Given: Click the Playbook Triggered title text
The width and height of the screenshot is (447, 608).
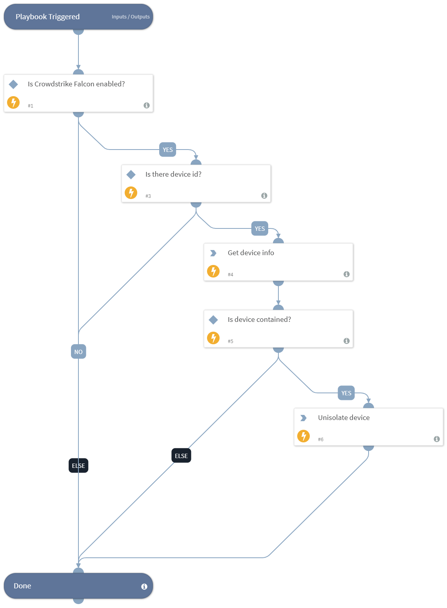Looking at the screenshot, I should tap(47, 17).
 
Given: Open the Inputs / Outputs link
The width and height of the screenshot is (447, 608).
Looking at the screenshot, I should tap(131, 17).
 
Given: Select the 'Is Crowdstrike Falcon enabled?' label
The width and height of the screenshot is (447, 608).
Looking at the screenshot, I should tap(76, 84).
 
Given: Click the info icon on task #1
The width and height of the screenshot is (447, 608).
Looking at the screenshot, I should tap(147, 105).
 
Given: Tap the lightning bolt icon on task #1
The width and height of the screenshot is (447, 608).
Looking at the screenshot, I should tap(13, 102).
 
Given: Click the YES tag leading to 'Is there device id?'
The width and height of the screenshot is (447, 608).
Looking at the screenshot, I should tap(167, 150).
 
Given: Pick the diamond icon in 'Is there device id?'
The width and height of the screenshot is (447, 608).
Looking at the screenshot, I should tap(131, 174).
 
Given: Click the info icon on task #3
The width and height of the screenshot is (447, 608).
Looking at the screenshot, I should tap(264, 195).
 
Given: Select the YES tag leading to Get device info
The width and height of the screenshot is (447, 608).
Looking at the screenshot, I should tap(260, 228).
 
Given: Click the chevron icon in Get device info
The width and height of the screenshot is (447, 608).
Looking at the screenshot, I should tap(213, 253).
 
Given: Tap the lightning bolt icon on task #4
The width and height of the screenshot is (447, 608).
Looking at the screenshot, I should tap(213, 271).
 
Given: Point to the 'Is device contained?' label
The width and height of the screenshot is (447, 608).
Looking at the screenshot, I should tap(259, 320).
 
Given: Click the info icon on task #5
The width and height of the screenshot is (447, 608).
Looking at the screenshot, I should tap(347, 341).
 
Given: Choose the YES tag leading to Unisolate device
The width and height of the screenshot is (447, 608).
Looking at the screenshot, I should tap(346, 393).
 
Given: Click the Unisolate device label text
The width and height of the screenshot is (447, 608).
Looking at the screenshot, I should tap(343, 418).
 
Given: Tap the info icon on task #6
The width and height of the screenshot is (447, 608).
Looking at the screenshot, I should tap(437, 439).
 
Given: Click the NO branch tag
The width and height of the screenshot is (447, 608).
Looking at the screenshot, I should tap(78, 352).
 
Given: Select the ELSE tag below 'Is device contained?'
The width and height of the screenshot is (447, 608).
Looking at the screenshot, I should tap(181, 456).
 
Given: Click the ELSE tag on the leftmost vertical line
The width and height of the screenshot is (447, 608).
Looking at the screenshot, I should tap(78, 466).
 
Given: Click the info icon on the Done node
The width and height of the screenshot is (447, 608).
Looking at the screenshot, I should tap(144, 586).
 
